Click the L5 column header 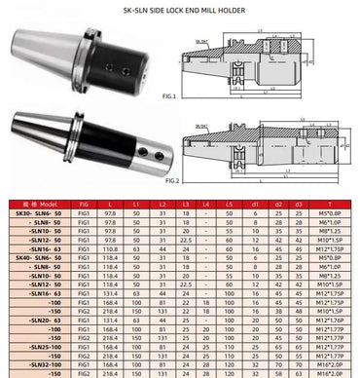pyautogui.click(x=228, y=201)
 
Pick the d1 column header pyautogui.click(x=254, y=201)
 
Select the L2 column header pyautogui.click(x=160, y=201)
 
